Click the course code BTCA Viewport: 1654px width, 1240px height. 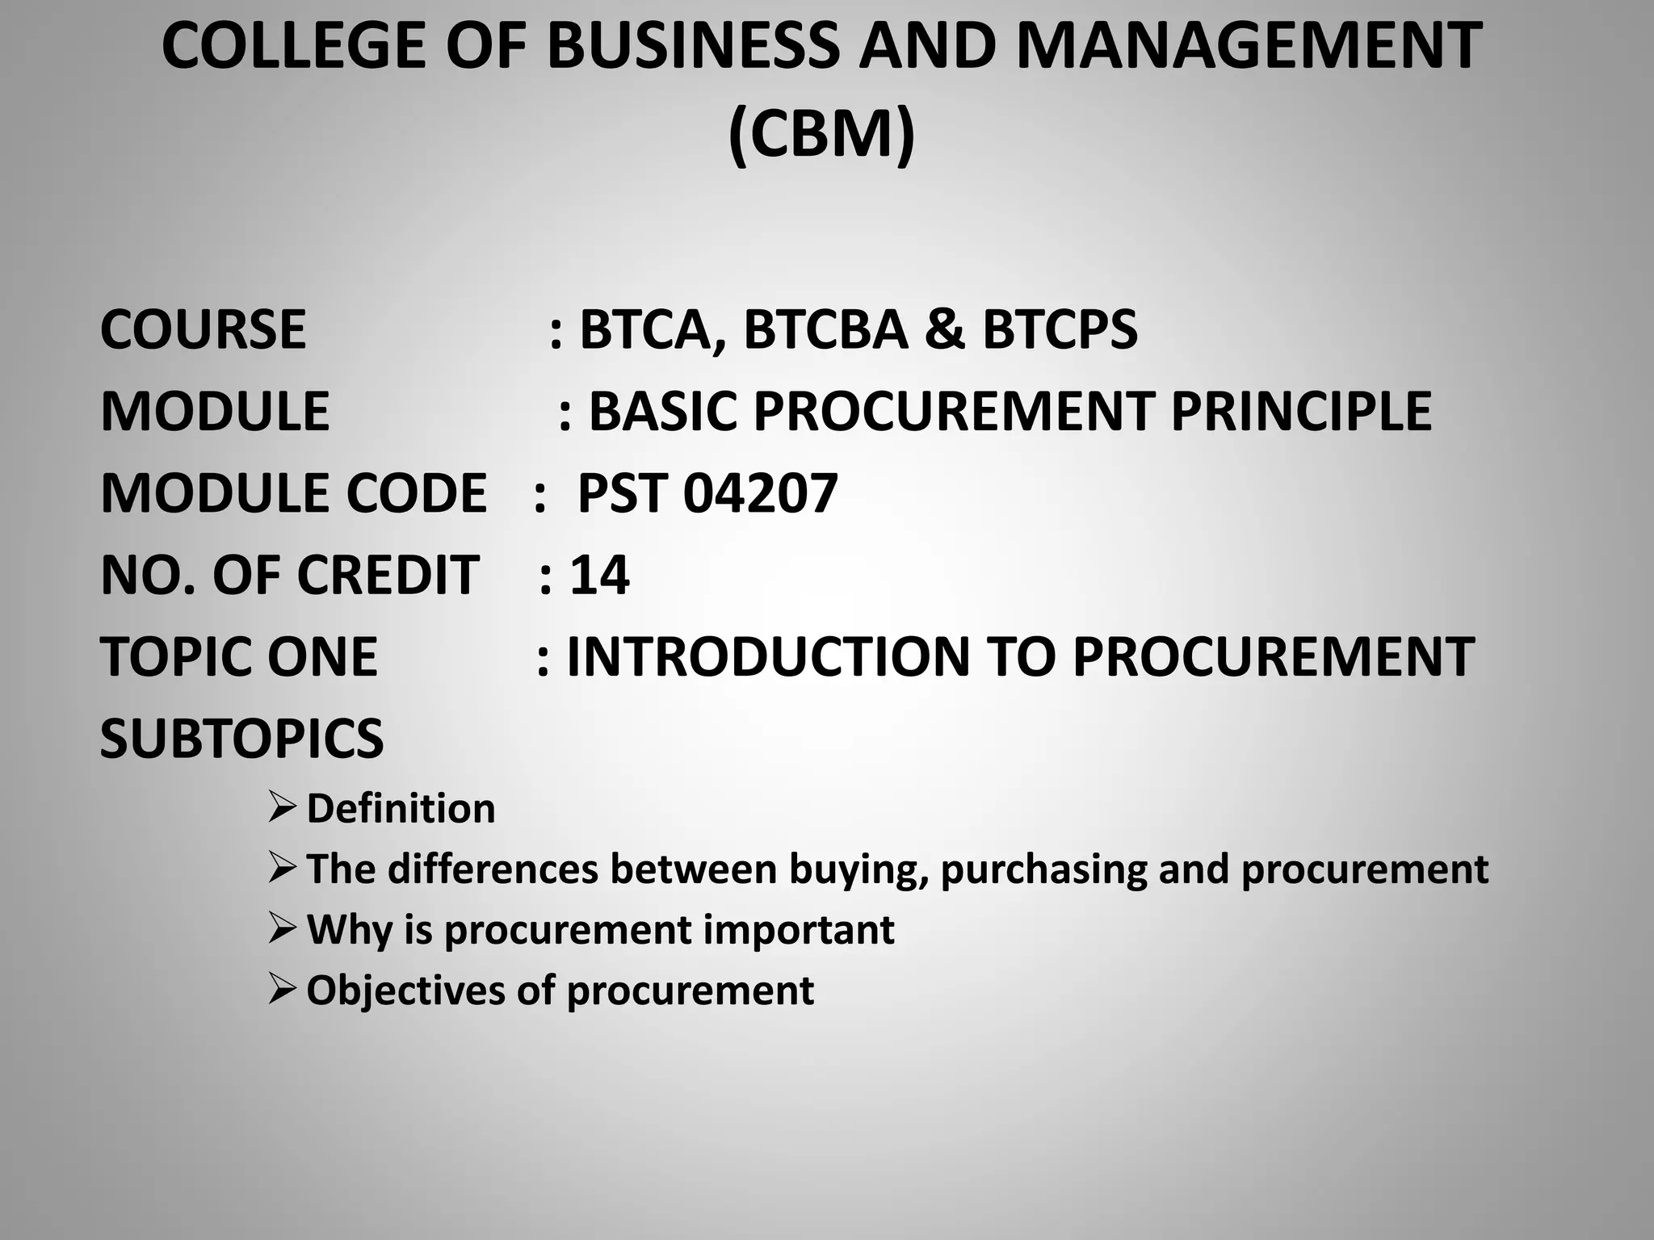[x=651, y=329]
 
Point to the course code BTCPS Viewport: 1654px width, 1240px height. [x=1059, y=329]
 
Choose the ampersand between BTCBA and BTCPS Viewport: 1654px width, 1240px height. [x=944, y=329]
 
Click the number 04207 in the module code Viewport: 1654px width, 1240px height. [x=760, y=493]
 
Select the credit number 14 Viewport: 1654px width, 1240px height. [x=599, y=575]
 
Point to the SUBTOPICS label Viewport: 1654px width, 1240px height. [x=241, y=738]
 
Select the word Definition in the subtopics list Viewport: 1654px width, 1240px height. [x=401, y=808]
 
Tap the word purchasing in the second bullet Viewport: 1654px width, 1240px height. [x=1043, y=869]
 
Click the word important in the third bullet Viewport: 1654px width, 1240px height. [x=798, y=930]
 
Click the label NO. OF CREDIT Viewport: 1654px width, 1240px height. [x=289, y=575]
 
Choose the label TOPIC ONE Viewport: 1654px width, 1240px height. [x=238, y=656]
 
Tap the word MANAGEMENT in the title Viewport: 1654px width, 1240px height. [x=1248, y=47]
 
